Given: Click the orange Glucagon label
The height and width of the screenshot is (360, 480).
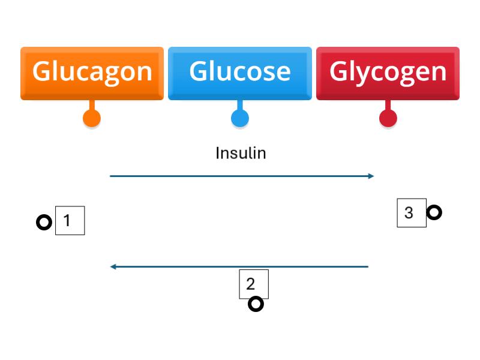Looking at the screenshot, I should (x=92, y=72).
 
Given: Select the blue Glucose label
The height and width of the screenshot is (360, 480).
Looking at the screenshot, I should (x=240, y=72).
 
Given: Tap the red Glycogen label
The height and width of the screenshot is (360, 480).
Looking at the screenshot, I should (x=388, y=72).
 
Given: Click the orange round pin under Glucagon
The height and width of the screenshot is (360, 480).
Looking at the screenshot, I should (x=91, y=118).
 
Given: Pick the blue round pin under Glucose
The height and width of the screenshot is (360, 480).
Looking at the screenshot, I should (x=240, y=118).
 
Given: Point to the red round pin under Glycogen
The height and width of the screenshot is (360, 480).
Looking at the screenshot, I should (x=388, y=118).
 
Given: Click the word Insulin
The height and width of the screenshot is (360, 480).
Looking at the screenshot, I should (x=241, y=154).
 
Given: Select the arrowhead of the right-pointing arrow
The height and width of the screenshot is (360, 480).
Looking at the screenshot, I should (x=371, y=176).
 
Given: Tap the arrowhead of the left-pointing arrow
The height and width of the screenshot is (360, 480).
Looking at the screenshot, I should (x=113, y=266).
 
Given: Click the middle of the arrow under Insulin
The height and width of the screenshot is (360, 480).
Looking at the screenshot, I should (x=242, y=176).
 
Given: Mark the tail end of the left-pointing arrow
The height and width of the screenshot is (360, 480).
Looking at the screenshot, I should (x=367, y=266).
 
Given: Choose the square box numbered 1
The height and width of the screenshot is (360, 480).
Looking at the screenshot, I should (x=70, y=220).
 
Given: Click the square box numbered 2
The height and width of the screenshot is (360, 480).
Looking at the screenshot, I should (x=254, y=284).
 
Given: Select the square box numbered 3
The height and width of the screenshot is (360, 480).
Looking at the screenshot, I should (x=412, y=212).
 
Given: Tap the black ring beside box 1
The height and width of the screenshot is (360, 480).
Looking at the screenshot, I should (x=44, y=223).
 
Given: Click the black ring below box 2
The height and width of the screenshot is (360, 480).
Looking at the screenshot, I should (x=256, y=304).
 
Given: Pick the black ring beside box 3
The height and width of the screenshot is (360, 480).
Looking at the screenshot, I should (x=434, y=212).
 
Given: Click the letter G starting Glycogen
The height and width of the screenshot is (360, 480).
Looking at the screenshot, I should (x=340, y=72).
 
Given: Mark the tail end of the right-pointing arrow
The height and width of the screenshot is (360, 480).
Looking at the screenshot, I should (x=111, y=176).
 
